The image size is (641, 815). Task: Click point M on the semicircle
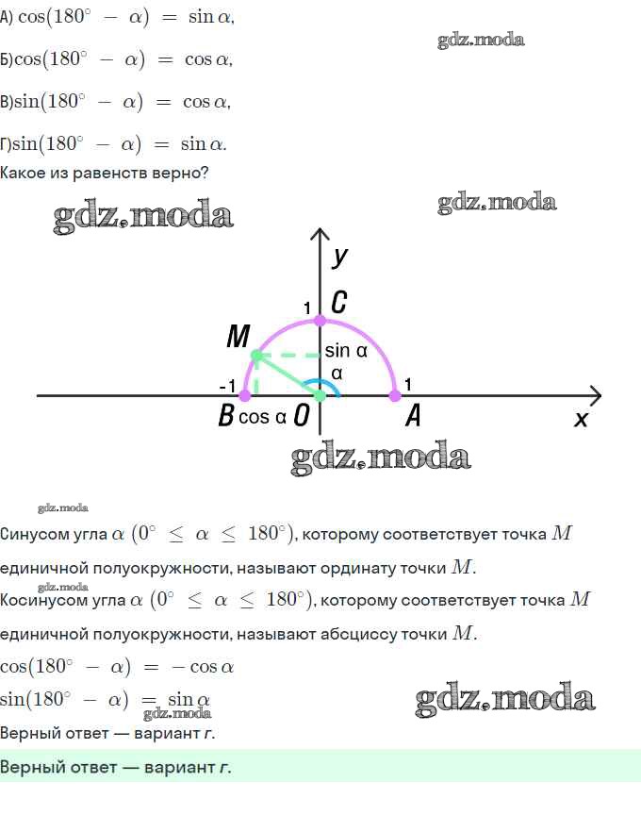click(x=256, y=356)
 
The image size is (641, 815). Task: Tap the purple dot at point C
click(x=320, y=321)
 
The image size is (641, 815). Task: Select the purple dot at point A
click(x=395, y=396)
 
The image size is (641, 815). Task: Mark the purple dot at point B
click(x=245, y=396)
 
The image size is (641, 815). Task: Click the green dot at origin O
click(x=320, y=396)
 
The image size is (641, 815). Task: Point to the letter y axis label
click(x=339, y=257)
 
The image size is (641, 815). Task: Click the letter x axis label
click(x=581, y=419)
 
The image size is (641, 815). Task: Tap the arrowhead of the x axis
click(x=597, y=395)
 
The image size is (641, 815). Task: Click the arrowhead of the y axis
click(x=320, y=234)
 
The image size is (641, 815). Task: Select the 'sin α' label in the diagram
click(x=346, y=351)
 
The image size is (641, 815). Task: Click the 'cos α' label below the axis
click(x=262, y=417)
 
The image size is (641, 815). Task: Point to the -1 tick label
click(x=227, y=386)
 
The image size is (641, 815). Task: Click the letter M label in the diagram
click(x=238, y=336)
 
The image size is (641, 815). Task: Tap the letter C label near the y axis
click(x=339, y=302)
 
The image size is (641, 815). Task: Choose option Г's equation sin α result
click(x=203, y=143)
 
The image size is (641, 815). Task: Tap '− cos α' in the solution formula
click(x=203, y=667)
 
